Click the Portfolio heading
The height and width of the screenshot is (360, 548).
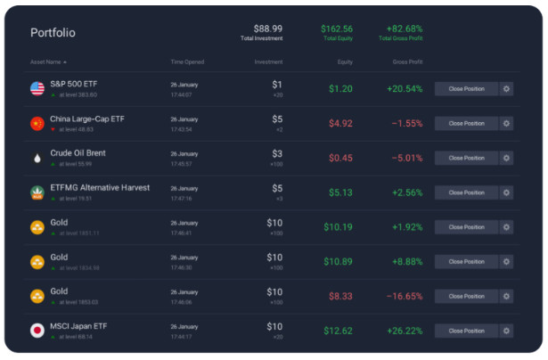point(53,33)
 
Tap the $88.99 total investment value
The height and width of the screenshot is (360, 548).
point(267,29)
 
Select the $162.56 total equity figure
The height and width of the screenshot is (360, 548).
point(336,29)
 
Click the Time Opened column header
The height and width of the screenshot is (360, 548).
point(187,62)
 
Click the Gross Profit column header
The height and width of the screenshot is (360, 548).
point(407,62)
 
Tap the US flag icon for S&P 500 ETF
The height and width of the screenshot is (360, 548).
point(37,88)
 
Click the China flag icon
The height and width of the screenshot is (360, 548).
point(37,123)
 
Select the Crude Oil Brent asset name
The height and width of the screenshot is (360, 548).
point(78,153)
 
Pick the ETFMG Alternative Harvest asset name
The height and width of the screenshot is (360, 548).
point(100,188)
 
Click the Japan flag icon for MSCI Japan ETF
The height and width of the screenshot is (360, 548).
point(37,331)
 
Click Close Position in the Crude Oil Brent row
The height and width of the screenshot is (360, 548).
point(466,158)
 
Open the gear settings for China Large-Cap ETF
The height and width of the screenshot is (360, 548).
point(506,123)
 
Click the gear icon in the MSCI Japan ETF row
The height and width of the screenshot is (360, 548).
point(506,331)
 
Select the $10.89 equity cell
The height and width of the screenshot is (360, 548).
point(339,261)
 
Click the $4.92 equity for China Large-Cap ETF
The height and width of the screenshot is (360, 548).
point(340,123)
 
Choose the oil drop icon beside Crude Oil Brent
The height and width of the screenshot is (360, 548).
point(37,158)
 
